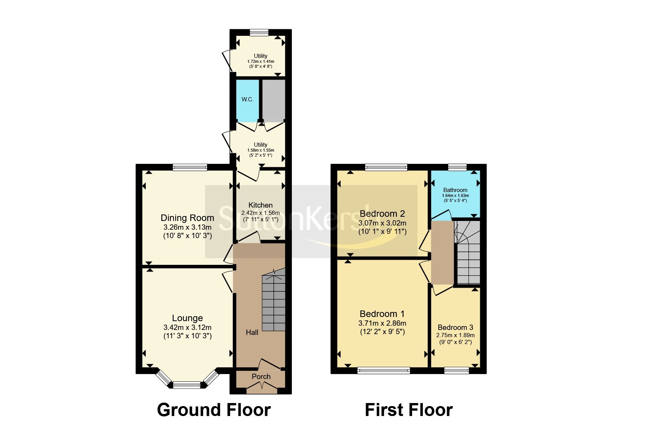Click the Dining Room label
coord(187,218)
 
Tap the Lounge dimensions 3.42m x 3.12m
coord(187,327)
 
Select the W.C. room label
coord(247,99)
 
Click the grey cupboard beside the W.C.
coord(274,99)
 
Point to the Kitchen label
coord(260,205)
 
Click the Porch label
coord(261,376)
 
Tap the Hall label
coord(252,332)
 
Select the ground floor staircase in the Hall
coord(273,303)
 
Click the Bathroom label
coord(455,190)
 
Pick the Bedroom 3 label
coord(455,327)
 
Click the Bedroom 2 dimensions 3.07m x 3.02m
coord(382,223)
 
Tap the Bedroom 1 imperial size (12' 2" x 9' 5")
coord(382,331)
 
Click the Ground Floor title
coord(213,410)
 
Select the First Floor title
coord(408,410)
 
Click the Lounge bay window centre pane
coord(186,385)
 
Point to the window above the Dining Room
coord(189,167)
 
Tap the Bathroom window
coord(457,167)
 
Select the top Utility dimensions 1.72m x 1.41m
coord(261,61)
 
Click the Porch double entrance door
coord(262,389)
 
